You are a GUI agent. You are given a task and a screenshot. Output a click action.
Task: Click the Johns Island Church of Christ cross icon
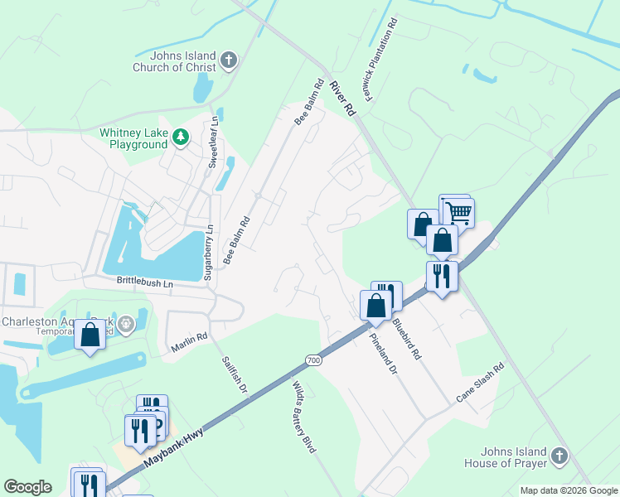click(x=230, y=60)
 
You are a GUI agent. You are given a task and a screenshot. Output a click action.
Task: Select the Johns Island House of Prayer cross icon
click(x=559, y=456)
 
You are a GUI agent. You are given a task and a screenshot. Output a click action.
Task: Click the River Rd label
click(x=341, y=98)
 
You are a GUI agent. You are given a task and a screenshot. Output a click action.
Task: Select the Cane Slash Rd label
click(x=480, y=383)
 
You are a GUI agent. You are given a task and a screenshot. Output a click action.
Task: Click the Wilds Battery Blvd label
click(x=304, y=416)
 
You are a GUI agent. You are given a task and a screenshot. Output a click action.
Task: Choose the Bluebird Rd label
click(x=407, y=336)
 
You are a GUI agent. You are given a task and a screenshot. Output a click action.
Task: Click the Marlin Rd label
click(x=190, y=344)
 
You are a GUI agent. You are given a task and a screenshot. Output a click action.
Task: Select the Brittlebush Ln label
click(x=144, y=283)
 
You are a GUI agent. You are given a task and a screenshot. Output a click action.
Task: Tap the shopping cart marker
click(x=458, y=213)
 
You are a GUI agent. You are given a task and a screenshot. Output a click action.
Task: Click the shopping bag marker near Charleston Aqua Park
click(x=90, y=335)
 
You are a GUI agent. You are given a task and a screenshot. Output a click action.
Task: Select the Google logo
click(x=28, y=487)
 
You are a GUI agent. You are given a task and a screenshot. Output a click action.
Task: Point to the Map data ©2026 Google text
click(x=568, y=490)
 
